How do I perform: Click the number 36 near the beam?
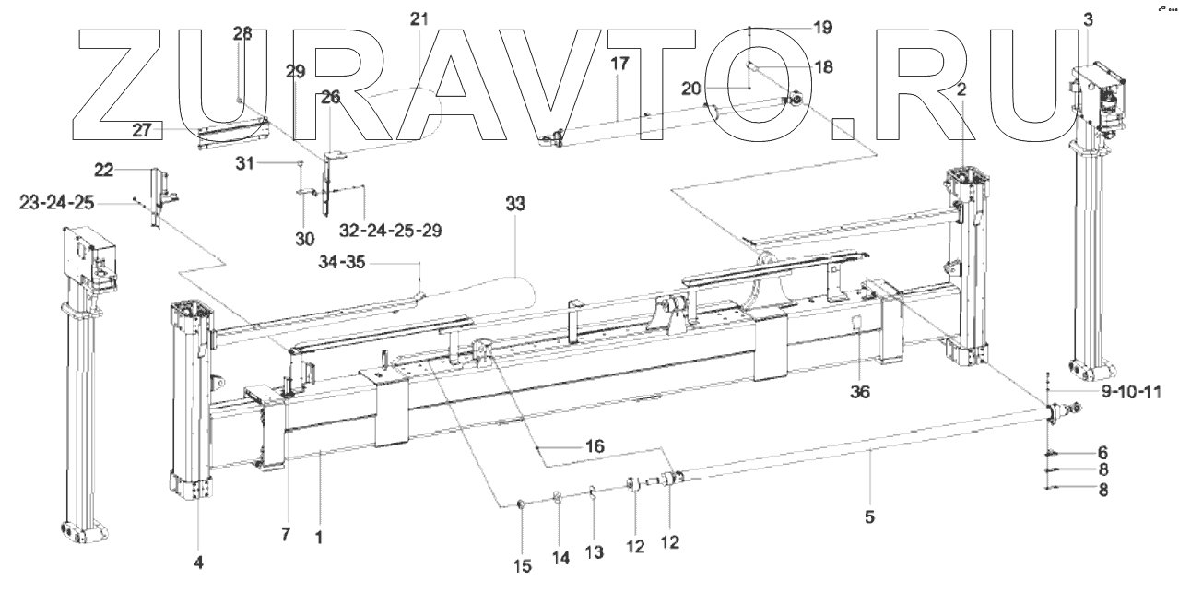(x=858, y=392)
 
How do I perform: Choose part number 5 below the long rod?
(x=869, y=517)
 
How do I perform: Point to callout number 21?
(x=420, y=19)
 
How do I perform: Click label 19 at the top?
(x=822, y=28)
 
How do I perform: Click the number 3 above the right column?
(x=1089, y=18)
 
